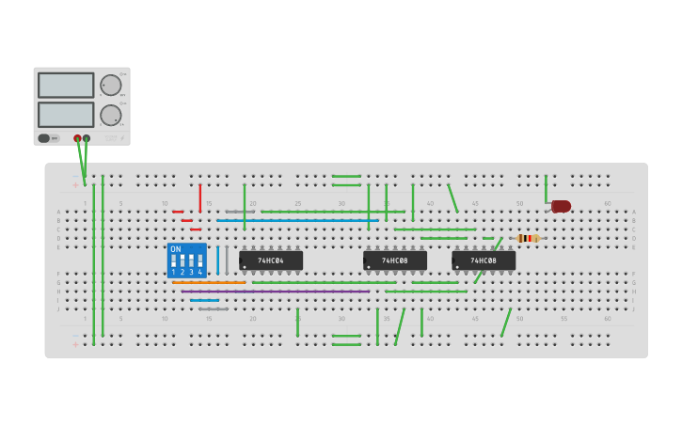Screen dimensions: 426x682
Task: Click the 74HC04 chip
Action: point(271,260)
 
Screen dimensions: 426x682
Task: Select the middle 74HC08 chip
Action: point(395,260)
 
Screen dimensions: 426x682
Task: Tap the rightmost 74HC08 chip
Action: point(484,260)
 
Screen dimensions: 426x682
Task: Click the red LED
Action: point(561,206)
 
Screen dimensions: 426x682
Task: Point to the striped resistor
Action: point(528,239)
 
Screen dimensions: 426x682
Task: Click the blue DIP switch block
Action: point(186,260)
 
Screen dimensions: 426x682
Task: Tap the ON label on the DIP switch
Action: point(176,249)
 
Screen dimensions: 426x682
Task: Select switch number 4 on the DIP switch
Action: point(199,261)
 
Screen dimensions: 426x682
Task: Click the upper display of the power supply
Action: point(66,86)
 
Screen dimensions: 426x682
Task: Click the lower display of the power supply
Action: point(66,115)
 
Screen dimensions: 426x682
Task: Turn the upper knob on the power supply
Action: point(111,86)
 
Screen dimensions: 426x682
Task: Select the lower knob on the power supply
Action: point(111,115)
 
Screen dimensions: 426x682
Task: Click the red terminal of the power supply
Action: point(77,138)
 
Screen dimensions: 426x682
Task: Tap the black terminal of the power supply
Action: point(87,138)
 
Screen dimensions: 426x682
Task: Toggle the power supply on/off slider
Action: point(44,138)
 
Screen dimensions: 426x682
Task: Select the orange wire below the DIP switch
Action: point(209,282)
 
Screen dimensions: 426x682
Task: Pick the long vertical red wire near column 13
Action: point(199,197)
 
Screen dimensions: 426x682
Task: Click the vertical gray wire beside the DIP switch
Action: point(227,260)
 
